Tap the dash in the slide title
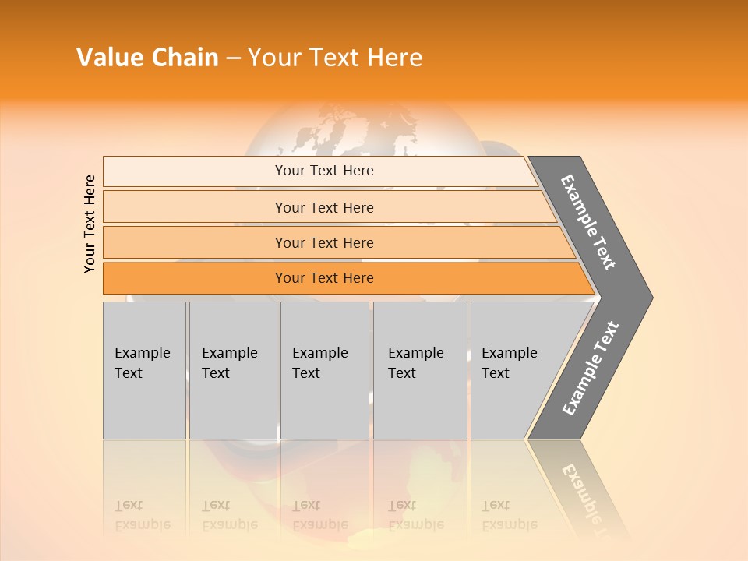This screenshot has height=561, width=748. pos(234,58)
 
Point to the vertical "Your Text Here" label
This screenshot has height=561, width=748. pos(90,224)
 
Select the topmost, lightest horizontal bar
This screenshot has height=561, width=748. pos(319,171)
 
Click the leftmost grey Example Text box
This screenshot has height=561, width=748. pos(144,370)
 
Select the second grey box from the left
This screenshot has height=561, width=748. pos(233,370)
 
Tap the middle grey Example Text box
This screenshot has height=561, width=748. pos(324,370)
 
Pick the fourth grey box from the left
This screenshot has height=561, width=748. pos(420,370)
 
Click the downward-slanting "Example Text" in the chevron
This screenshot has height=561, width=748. pos(589,222)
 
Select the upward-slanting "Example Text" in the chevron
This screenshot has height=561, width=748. pos(591,369)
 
